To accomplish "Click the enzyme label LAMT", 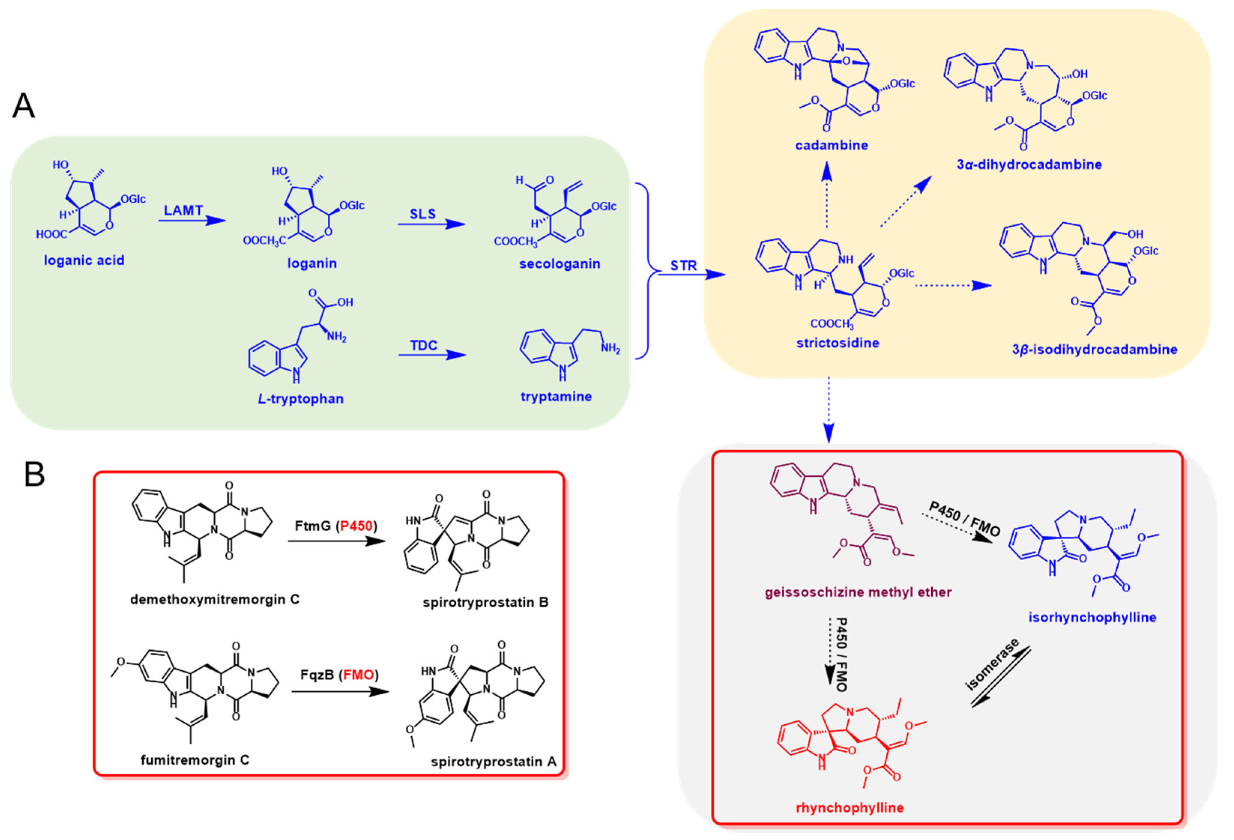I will coord(183,210).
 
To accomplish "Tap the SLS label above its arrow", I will coord(423,214).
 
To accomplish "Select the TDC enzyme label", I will coord(423,346).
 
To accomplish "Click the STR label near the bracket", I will coord(683,266).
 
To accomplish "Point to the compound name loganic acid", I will coord(84,260).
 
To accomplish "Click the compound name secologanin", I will coord(560,264).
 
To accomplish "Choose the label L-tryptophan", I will coord(300,399).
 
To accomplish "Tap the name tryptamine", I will coord(556,397).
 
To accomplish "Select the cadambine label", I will coord(832,145).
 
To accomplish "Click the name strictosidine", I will coord(837,343).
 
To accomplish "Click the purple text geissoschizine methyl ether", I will coord(858,592).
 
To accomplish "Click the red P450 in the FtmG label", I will coord(356,526).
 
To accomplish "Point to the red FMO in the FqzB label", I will coord(359,675).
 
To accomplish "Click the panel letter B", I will coord(34,474).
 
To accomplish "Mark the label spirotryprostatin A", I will coord(494,762).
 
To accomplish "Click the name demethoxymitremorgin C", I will coord(215,600).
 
